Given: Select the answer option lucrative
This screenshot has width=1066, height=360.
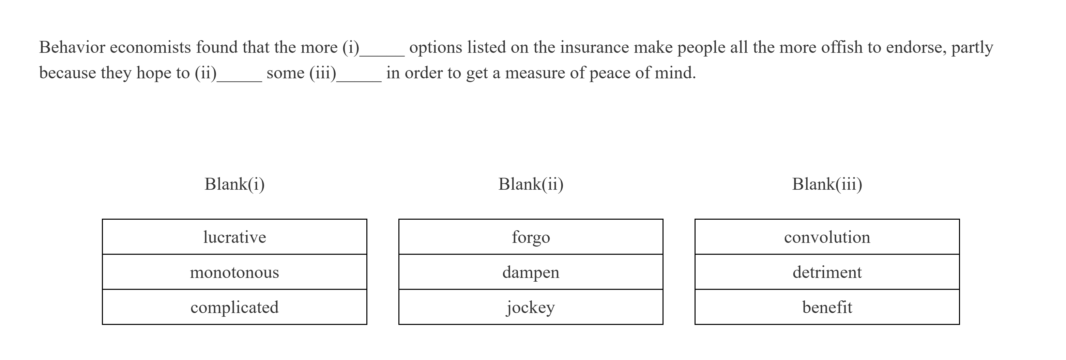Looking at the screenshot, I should tap(234, 237).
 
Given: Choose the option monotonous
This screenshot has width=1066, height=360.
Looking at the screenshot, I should tap(234, 272).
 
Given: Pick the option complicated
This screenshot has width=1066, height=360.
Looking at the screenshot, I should tap(234, 307).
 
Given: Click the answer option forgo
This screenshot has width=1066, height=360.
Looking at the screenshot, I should tap(531, 237).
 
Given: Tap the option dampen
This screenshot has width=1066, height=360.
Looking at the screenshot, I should tap(531, 272).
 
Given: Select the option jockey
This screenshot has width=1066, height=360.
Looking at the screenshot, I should tap(531, 307).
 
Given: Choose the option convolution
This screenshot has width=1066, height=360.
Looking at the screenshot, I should tap(827, 237).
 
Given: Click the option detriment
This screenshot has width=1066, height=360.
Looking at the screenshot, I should tap(827, 272).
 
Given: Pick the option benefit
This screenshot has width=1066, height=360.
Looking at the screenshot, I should tap(827, 307).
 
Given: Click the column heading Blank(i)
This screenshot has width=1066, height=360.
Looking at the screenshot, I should tap(234, 184).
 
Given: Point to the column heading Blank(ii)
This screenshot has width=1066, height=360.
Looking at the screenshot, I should tap(531, 184).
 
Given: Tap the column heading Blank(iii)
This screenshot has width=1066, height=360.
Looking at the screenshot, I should tap(827, 184).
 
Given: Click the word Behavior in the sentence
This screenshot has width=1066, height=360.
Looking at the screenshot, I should tap(72, 47).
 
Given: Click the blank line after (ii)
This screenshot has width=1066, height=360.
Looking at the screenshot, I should tap(239, 79).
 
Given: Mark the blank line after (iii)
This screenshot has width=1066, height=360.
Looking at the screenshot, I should tap(359, 79).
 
